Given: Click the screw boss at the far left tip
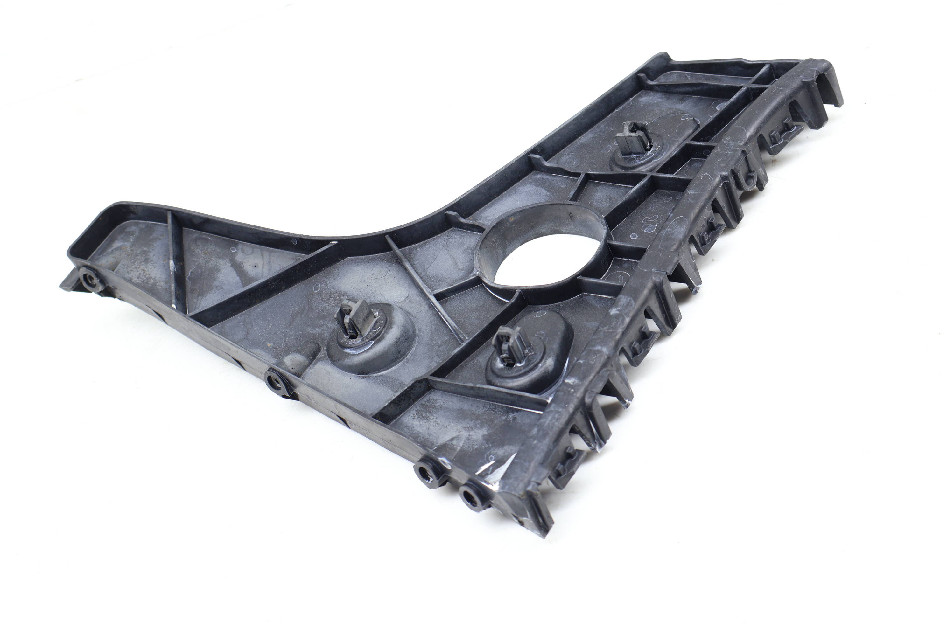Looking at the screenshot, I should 88,278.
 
